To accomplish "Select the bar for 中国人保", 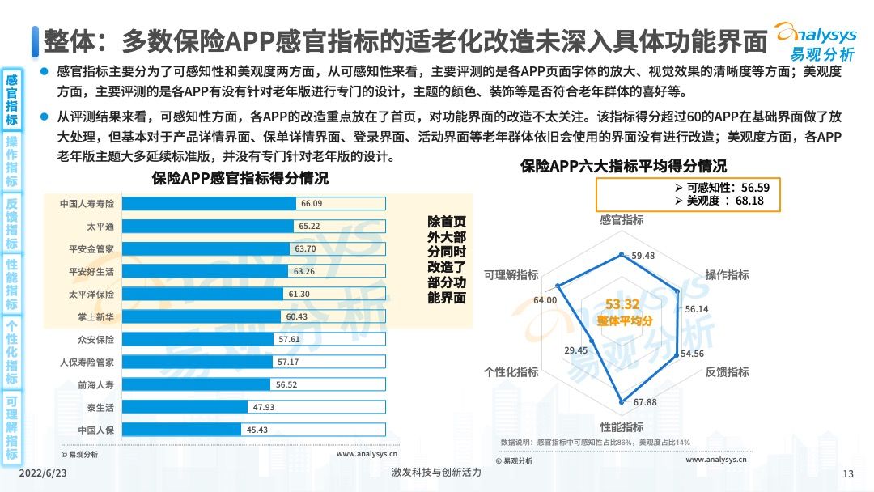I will (182, 430).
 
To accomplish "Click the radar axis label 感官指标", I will (622, 220).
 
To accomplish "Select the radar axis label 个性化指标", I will (511, 371).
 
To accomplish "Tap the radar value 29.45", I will (576, 350).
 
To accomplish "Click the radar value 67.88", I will (645, 402).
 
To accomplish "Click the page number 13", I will (848, 474).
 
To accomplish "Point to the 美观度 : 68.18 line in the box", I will (725, 201).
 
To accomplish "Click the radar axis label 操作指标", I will (727, 275).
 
